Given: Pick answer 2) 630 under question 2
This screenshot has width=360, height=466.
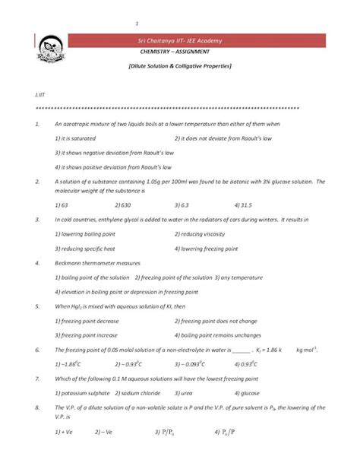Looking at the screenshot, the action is (x=122, y=204).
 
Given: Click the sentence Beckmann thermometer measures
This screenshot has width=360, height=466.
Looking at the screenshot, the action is (x=91, y=262).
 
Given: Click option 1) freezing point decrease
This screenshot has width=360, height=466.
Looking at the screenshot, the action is (x=87, y=320).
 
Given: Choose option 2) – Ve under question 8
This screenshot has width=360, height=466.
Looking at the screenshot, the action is (x=103, y=432).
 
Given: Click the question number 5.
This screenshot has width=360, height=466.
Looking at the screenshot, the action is (x=37, y=306).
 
